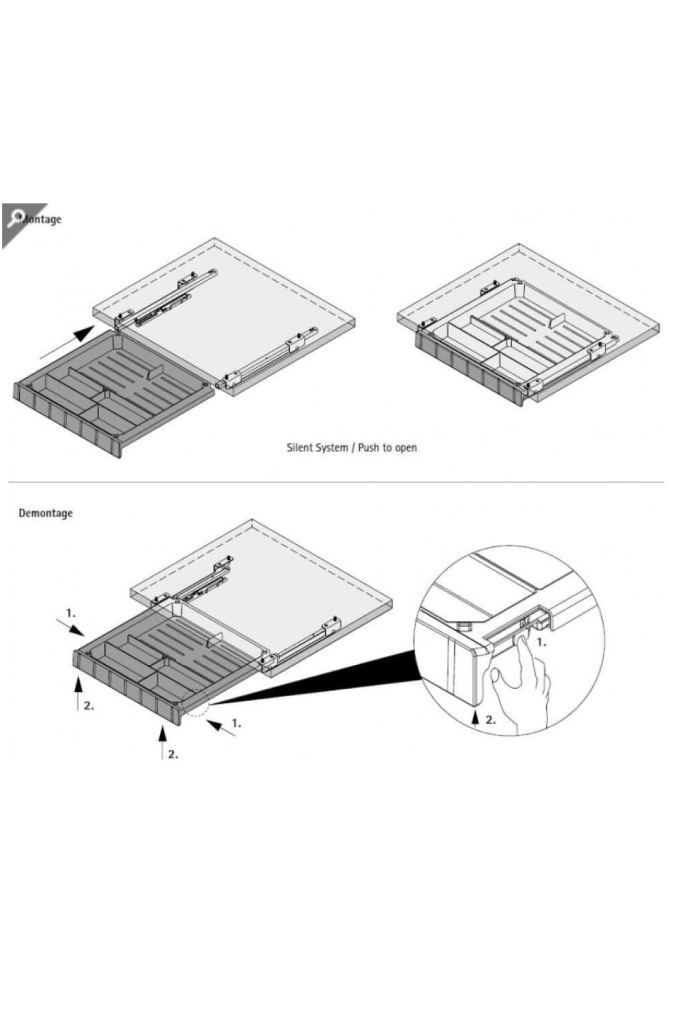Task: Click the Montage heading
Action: tap(41, 219)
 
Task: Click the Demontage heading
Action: tap(45, 513)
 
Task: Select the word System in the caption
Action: tap(332, 448)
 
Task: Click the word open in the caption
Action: tap(406, 448)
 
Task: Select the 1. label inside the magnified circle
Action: tap(541, 642)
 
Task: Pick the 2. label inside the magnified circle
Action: tap(490, 720)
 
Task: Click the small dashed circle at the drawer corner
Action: tap(195, 704)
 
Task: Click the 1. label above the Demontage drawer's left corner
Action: tap(70, 613)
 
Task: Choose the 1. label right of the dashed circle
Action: tap(236, 723)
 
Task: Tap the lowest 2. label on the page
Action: tap(173, 754)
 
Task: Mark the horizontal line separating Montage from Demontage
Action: tap(336, 482)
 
